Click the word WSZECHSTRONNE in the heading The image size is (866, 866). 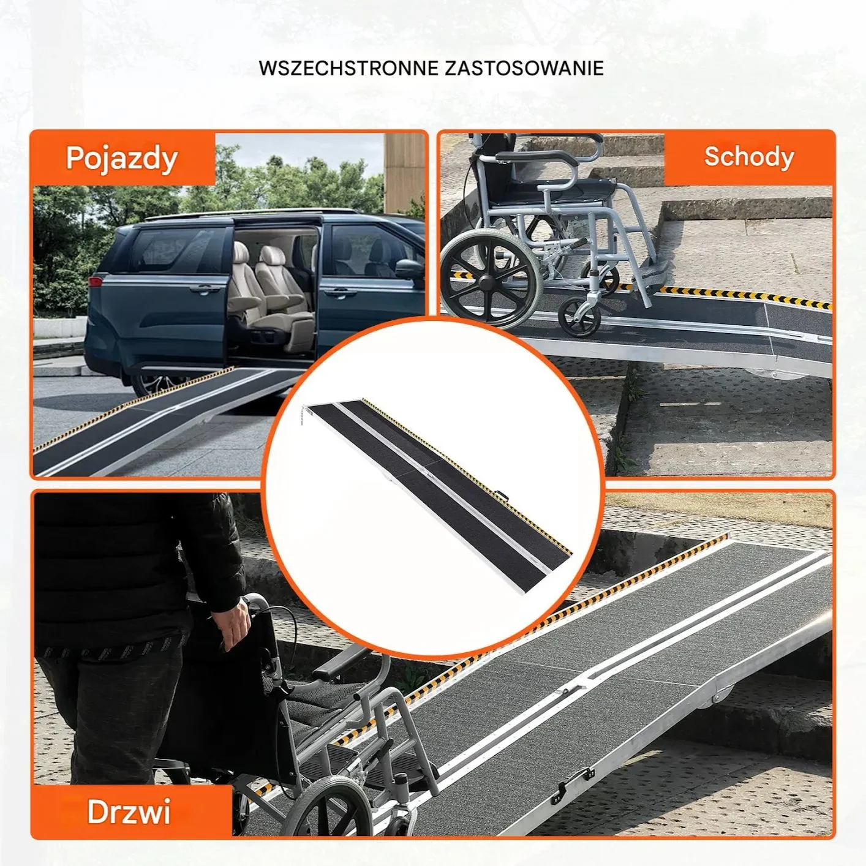pyautogui.click(x=348, y=69)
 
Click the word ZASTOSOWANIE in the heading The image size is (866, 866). pyautogui.click(x=524, y=69)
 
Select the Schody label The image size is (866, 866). pyautogui.click(x=748, y=157)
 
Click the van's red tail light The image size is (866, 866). pyautogui.click(x=96, y=282)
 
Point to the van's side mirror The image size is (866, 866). pyautogui.click(x=410, y=268)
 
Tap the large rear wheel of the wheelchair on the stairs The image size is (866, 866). pyautogui.click(x=491, y=284)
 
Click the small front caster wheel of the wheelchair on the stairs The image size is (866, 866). pyautogui.click(x=580, y=317)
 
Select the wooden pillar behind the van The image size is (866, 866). pyautogui.click(x=404, y=173)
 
